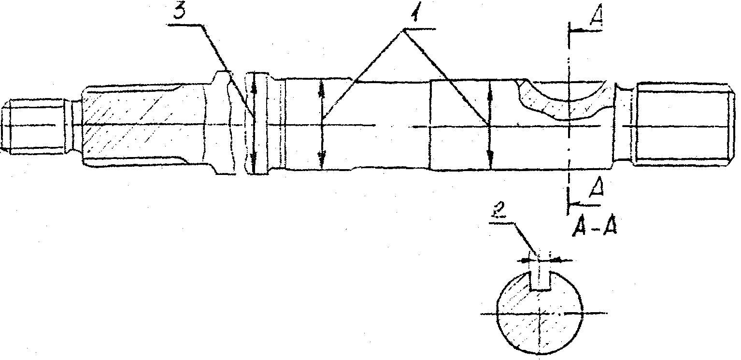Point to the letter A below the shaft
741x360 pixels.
click(597, 187)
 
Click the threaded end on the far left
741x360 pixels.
click(33, 126)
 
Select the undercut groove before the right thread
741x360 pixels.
click(624, 124)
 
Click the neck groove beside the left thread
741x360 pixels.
click(73, 126)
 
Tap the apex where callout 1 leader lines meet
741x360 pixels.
click(403, 30)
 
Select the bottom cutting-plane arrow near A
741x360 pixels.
click(584, 204)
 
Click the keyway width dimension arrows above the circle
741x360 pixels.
click(541, 260)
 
